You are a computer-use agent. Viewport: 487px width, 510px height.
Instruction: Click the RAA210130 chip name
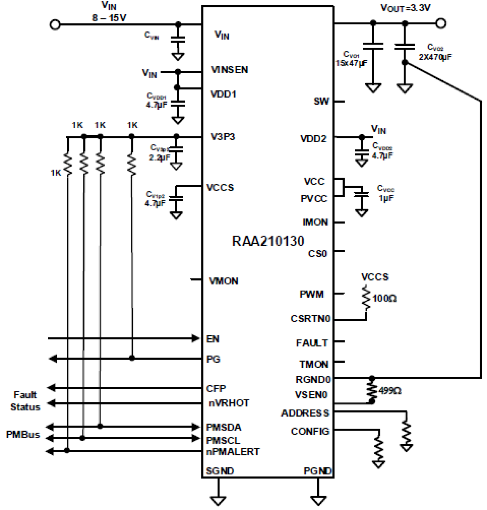[x=268, y=241]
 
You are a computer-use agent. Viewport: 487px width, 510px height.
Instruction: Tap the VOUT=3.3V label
[x=406, y=8]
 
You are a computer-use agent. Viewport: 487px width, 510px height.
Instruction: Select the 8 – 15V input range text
[x=109, y=18]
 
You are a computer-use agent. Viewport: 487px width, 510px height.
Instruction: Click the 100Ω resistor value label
[x=385, y=298]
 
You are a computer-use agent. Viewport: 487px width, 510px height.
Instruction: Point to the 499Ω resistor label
[x=390, y=391]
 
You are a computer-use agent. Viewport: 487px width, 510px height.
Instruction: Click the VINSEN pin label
[x=229, y=70]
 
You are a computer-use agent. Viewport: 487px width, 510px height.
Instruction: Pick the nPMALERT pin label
[x=233, y=452]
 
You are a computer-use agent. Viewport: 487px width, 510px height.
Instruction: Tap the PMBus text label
[x=23, y=434]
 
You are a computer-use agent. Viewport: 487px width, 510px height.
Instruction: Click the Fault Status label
[x=25, y=401]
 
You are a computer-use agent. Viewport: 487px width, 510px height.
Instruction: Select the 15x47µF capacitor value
[x=351, y=63]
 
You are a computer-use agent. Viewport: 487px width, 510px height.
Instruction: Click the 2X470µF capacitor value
[x=435, y=57]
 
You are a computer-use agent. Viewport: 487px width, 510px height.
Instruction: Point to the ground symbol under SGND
[x=218, y=500]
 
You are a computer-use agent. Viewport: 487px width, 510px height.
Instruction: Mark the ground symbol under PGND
[x=318, y=500]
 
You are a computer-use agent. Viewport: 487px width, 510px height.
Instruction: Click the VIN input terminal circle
[x=55, y=24]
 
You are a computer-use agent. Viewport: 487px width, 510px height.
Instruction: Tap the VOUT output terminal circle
[x=441, y=23]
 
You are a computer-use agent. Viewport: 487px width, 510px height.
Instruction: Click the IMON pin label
[x=315, y=222]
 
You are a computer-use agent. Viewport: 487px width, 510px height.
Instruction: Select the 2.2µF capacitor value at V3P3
[x=159, y=158]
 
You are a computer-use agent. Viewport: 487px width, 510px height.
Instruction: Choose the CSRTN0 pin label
[x=310, y=319]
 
